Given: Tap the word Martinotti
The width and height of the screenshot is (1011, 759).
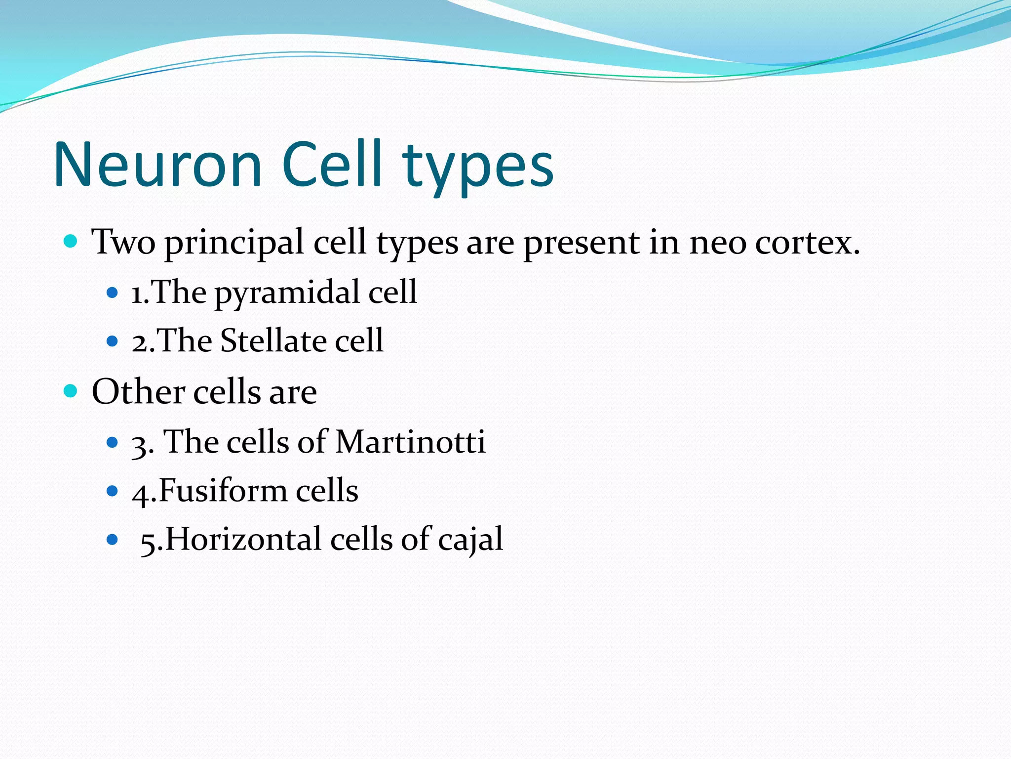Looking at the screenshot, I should [x=410, y=441].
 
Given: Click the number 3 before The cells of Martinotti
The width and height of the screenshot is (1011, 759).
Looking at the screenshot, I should [x=139, y=444].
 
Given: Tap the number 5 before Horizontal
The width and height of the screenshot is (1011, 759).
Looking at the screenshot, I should [x=148, y=542].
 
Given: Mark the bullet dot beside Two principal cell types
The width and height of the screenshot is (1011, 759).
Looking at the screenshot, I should [x=71, y=242].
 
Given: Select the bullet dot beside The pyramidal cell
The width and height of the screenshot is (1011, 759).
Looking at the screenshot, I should [x=113, y=293].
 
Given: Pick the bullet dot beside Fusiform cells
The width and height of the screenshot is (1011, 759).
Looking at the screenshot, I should [x=113, y=491].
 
